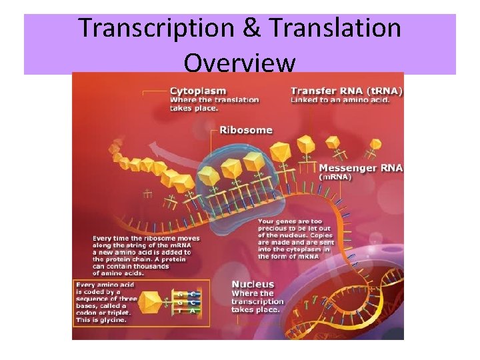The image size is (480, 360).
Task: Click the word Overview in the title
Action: pyautogui.click(x=239, y=63)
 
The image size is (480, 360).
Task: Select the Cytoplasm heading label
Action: pyautogui.click(x=198, y=91)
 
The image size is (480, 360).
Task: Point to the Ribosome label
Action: pyautogui.click(x=246, y=129)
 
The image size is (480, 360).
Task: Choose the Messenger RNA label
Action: pyautogui.click(x=361, y=168)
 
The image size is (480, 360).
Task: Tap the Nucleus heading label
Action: pyautogui.click(x=253, y=285)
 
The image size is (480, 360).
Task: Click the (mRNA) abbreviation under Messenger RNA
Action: pyautogui.click(x=337, y=177)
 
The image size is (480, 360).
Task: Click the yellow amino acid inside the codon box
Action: pyautogui.click(x=152, y=302)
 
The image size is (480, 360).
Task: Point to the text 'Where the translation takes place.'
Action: pyautogui.click(x=214, y=103)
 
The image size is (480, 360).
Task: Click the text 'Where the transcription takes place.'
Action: pyautogui.click(x=257, y=301)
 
